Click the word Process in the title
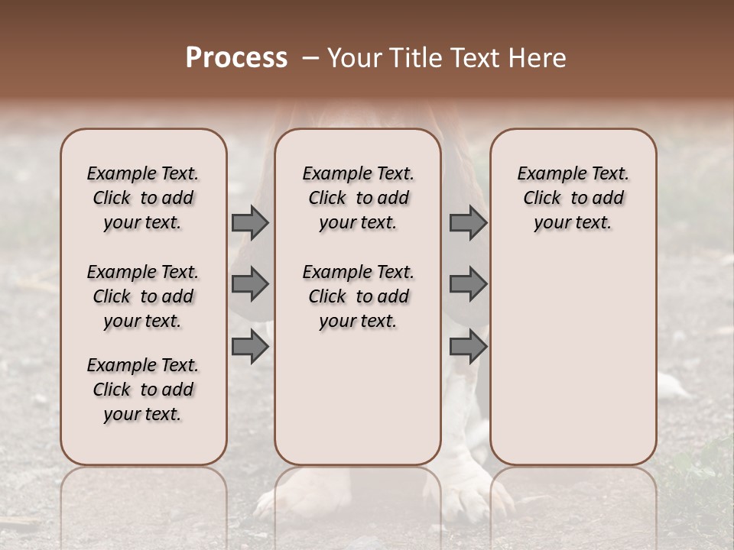[236, 58]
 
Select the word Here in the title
[537, 58]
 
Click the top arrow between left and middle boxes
[249, 223]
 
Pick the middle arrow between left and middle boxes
[249, 284]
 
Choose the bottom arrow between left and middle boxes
[249, 347]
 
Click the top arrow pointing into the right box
[468, 223]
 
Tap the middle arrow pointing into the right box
[468, 284]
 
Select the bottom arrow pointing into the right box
[468, 347]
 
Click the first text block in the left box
[143, 198]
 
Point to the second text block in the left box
[143, 296]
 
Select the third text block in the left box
[143, 390]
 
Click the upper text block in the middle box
[358, 198]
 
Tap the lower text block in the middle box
[358, 296]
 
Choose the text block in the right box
[573, 198]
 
